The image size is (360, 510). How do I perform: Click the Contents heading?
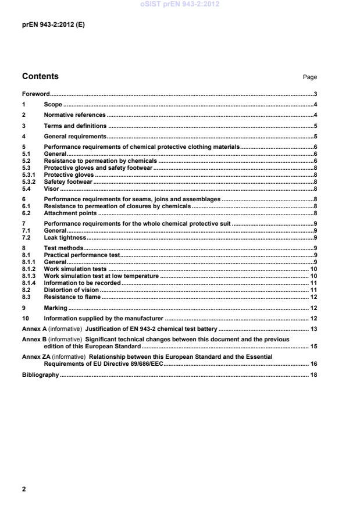[x=40, y=76]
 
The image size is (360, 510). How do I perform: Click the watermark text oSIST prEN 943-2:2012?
[x=180, y=4]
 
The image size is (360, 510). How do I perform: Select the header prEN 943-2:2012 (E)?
[x=53, y=25]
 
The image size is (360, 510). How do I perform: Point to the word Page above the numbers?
[x=310, y=77]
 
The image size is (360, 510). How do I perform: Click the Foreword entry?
[x=35, y=94]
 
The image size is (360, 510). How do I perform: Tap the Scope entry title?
[x=53, y=105]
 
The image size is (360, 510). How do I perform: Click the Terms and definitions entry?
[x=75, y=126]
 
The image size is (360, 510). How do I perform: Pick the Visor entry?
[x=52, y=189]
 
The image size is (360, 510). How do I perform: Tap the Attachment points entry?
[x=70, y=213]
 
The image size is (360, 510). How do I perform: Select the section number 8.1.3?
[x=28, y=276]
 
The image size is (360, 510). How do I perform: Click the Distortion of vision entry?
[x=72, y=290]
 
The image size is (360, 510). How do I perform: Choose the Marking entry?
[x=55, y=308]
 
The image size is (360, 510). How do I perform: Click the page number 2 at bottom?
[x=24, y=489]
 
